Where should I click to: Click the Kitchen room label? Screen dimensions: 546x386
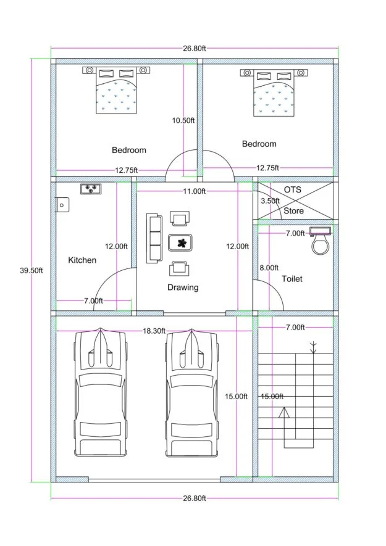click(82, 260)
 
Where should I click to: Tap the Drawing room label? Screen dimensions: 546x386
click(183, 287)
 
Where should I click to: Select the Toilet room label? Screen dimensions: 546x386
click(292, 279)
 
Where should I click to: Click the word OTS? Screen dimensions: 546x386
click(293, 189)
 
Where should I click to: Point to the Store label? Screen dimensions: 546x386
click(293, 211)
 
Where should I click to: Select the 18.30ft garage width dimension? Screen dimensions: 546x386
click(154, 331)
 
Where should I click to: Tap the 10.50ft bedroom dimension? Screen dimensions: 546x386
click(183, 120)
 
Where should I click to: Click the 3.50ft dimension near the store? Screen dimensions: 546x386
click(270, 201)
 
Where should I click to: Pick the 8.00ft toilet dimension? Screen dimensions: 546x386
click(269, 268)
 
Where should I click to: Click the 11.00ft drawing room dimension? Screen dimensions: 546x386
click(194, 191)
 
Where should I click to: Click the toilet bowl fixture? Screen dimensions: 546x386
click(320, 246)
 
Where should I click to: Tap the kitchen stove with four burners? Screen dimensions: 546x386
click(91, 189)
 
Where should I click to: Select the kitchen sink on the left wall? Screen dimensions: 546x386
click(61, 204)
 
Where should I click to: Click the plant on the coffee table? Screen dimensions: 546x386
click(181, 242)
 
